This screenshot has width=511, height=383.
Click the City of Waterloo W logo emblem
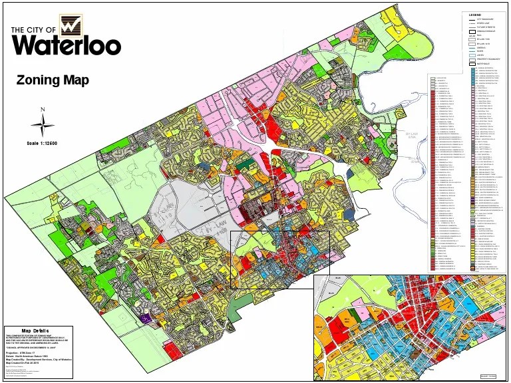click(x=70, y=26)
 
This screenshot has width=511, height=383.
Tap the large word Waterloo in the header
click(x=66, y=45)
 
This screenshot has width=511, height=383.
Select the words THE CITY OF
click(x=35, y=29)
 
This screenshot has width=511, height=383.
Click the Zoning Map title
click(x=53, y=80)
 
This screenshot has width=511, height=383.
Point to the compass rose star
click(x=43, y=125)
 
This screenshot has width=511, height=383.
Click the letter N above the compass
click(x=43, y=110)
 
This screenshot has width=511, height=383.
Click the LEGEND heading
click(x=474, y=15)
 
